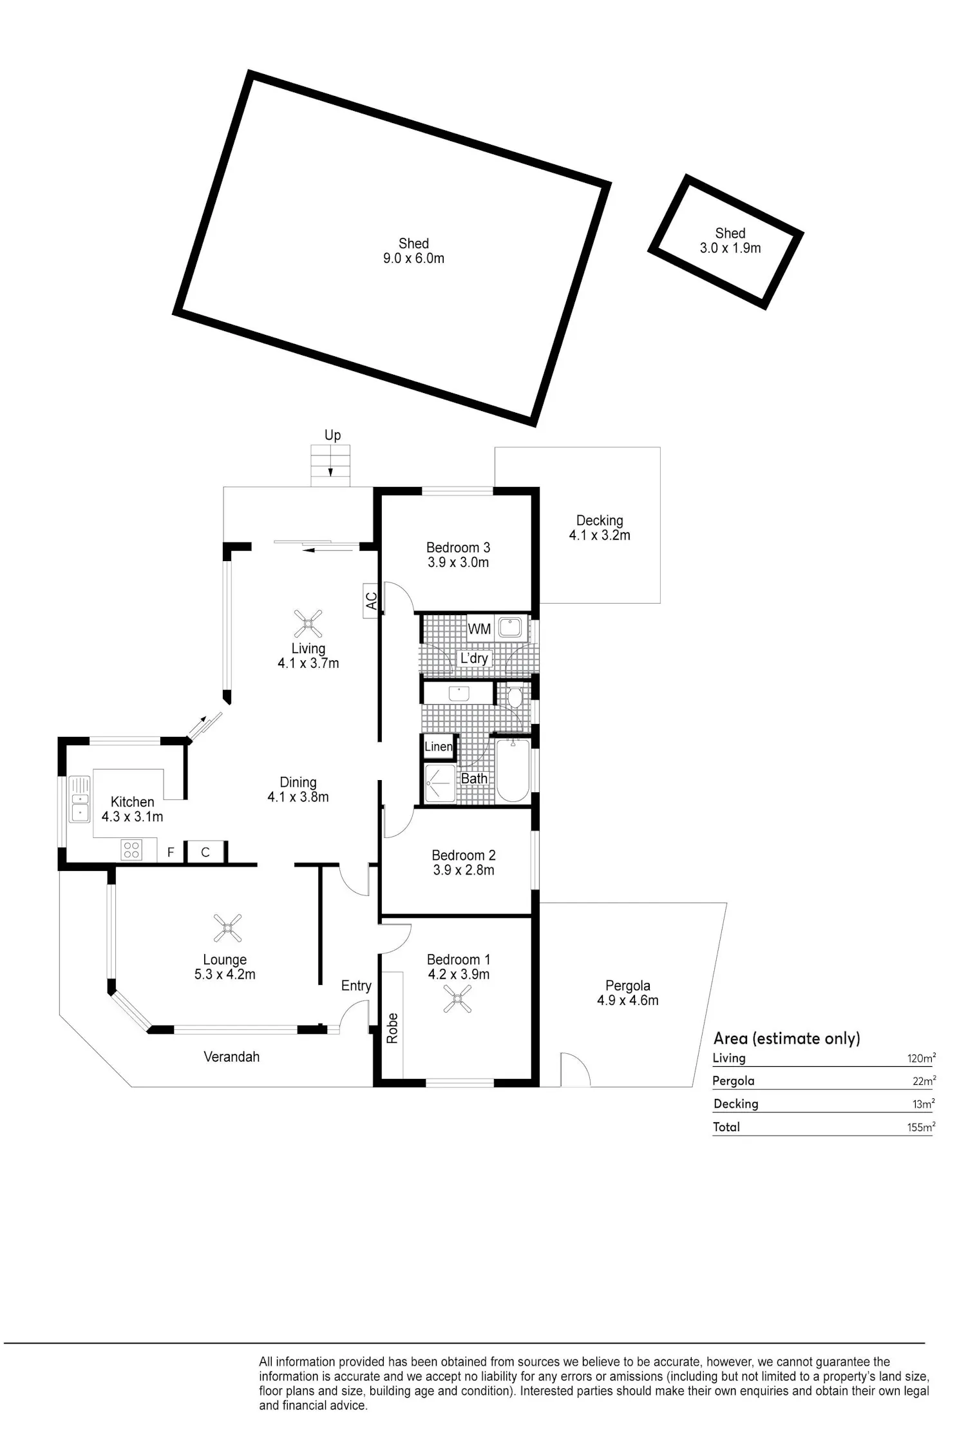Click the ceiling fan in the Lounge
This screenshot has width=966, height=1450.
coord(227,928)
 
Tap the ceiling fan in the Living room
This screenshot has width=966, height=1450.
coord(308,624)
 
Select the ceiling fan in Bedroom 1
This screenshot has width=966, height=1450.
coord(458,999)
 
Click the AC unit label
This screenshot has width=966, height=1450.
coord(371,601)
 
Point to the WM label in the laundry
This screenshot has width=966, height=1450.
coord(479,629)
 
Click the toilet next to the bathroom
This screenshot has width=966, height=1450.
coord(515,697)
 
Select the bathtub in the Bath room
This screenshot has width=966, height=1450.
coord(513,770)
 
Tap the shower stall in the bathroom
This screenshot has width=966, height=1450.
coord(440,784)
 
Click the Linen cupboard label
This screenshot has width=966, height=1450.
coord(439,747)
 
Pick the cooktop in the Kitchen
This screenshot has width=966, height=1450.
coord(131,850)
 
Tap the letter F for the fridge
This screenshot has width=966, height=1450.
coord(171,852)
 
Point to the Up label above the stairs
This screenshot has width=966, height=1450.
coord(332,435)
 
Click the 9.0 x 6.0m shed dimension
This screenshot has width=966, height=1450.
coord(413,259)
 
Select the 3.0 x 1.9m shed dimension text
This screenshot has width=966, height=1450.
coord(730,248)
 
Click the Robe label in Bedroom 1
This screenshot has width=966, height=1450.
coord(392,1028)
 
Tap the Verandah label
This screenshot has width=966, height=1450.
coord(231,1056)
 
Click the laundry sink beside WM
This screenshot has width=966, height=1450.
coord(513,627)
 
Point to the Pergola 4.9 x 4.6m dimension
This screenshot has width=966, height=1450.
coord(628,1000)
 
